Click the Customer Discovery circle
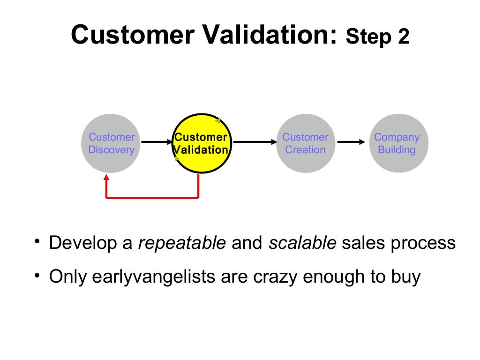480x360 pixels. point(111,143)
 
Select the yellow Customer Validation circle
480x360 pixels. point(202,143)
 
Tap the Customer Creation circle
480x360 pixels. point(305,143)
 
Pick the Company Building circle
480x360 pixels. point(397,143)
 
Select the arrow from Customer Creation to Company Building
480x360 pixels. point(351,142)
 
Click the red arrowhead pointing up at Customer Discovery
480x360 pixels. point(106,178)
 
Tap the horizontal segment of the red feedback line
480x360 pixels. point(152,197)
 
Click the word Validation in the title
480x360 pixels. point(266,35)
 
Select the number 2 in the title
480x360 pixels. point(403,37)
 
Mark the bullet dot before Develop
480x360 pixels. point(37,242)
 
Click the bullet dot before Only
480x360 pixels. point(37,275)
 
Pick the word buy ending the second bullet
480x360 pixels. point(406,277)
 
